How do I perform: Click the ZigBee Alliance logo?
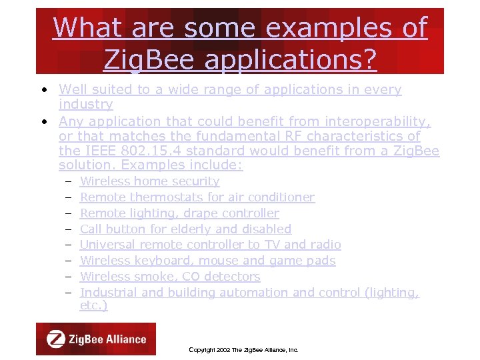pos(96,339)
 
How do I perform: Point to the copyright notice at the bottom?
pos(243,349)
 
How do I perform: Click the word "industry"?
pos(85,105)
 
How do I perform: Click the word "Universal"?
pos(107,245)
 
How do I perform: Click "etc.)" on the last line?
pos(93,305)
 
